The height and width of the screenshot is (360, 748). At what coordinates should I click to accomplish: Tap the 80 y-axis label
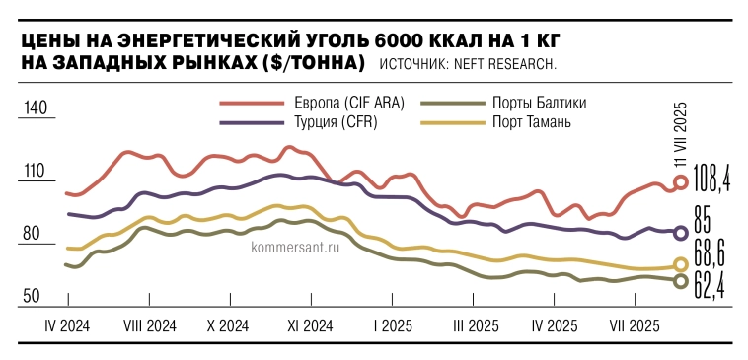pyautogui.click(x=34, y=234)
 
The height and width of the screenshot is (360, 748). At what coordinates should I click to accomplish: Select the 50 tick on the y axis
pyautogui.click(x=34, y=296)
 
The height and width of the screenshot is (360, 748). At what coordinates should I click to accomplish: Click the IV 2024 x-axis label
pyautogui.click(x=68, y=325)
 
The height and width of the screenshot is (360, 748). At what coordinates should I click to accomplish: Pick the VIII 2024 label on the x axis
pyautogui.click(x=150, y=325)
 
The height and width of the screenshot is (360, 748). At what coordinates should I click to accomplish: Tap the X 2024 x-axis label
pyautogui.click(x=228, y=325)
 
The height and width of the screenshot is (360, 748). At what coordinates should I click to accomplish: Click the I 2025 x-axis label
pyautogui.click(x=393, y=325)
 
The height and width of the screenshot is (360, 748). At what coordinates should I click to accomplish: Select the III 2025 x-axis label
pyautogui.click(x=475, y=325)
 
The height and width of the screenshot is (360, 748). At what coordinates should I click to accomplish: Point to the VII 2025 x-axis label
pyautogui.click(x=636, y=325)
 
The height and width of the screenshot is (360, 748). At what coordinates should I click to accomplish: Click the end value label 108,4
pyautogui.click(x=711, y=181)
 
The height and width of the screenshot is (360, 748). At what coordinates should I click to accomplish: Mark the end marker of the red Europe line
pyautogui.click(x=680, y=182)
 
